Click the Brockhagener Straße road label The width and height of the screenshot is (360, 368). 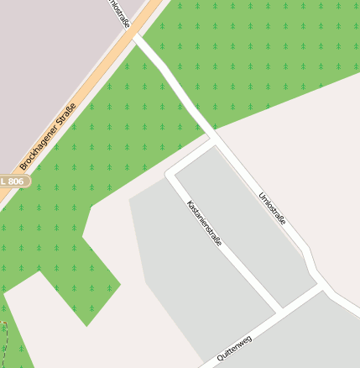(48, 137)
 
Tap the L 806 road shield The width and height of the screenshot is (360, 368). (13, 181)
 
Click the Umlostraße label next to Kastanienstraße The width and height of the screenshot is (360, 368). (273, 209)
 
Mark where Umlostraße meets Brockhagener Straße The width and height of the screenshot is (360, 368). (137, 37)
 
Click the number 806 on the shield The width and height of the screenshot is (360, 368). (17, 181)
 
